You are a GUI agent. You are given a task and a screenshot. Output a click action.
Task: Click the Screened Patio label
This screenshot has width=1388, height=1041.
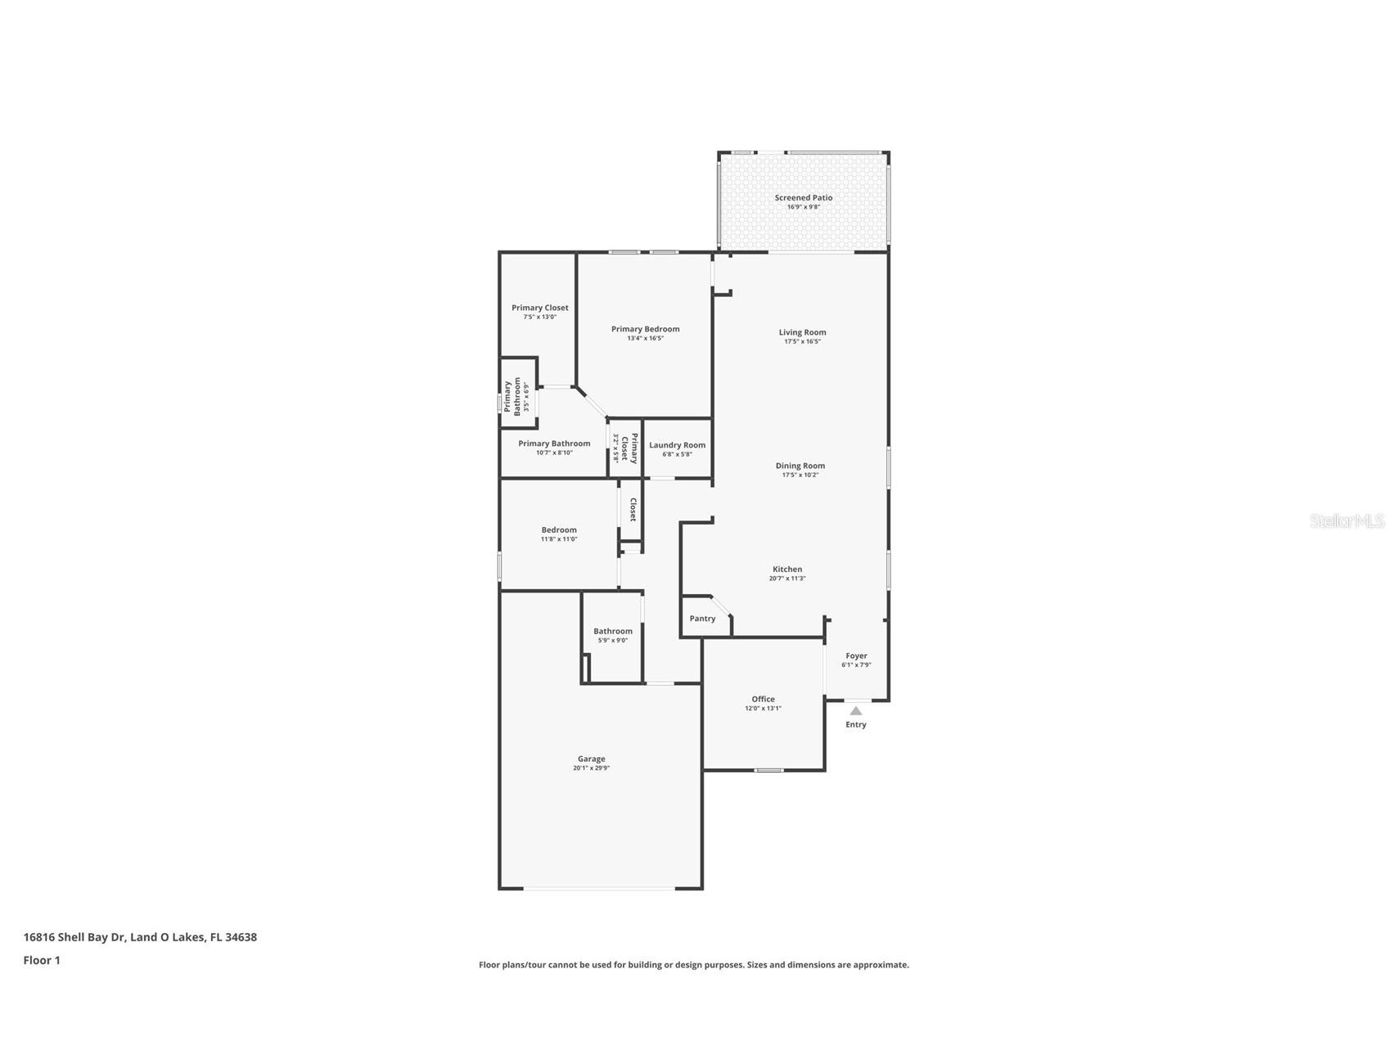[803, 197]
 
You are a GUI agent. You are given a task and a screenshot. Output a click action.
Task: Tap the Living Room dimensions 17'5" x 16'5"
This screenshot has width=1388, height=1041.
[802, 341]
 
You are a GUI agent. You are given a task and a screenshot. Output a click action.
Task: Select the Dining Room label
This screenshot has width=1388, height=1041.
[800, 466]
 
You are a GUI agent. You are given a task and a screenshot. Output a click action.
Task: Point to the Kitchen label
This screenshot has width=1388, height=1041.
[787, 569]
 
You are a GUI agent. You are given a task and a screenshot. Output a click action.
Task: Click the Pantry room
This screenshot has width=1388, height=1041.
[702, 619]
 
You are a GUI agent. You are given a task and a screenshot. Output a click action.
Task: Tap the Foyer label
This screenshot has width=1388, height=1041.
[856, 656]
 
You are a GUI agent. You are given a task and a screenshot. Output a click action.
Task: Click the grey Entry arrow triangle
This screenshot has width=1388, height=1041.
[856, 710]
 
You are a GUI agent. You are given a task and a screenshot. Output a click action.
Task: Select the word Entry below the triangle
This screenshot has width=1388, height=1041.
[856, 724]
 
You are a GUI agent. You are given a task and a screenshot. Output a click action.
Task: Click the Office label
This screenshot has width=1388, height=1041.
[763, 699]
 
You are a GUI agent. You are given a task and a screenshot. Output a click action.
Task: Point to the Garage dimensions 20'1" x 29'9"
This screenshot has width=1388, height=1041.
[591, 768]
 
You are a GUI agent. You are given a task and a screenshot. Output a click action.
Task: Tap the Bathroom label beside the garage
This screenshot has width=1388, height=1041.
[612, 631]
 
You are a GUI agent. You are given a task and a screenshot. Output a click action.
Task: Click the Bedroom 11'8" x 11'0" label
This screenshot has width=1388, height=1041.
[558, 530]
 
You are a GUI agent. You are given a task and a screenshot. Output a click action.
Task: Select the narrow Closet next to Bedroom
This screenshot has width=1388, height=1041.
[632, 510]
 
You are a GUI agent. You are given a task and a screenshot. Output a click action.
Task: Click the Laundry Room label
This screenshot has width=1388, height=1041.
[677, 445]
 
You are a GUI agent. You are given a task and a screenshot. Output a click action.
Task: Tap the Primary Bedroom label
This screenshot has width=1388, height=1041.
[645, 329]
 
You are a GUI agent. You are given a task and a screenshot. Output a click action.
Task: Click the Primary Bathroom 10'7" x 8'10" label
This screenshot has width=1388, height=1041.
[554, 444]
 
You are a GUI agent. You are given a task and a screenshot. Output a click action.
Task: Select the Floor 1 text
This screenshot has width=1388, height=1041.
[42, 960]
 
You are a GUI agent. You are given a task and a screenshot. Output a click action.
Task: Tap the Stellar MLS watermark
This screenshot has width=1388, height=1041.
[1346, 520]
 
